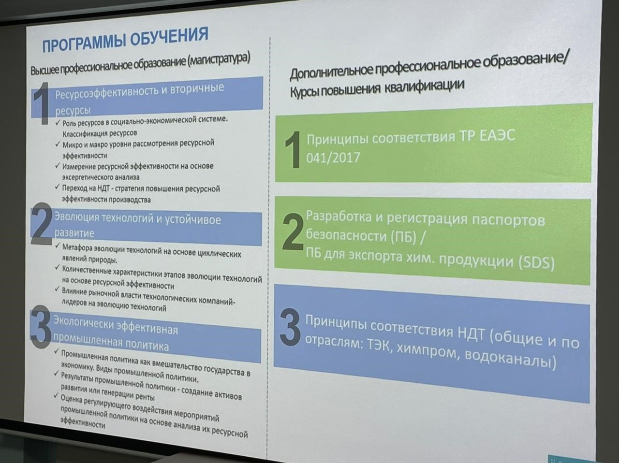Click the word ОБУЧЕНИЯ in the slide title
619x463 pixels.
(x=169, y=38)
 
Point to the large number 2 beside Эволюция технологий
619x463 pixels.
(x=42, y=224)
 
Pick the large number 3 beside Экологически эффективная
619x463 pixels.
(x=41, y=326)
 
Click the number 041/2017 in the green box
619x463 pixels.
(x=333, y=157)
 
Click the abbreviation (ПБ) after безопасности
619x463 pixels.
(x=403, y=236)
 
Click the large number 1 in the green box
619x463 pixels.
(x=293, y=149)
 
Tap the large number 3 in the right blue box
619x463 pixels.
(x=290, y=327)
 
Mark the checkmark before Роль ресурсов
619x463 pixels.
(x=58, y=123)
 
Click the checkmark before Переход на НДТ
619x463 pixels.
(x=58, y=187)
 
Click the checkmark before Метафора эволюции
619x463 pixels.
(x=58, y=246)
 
